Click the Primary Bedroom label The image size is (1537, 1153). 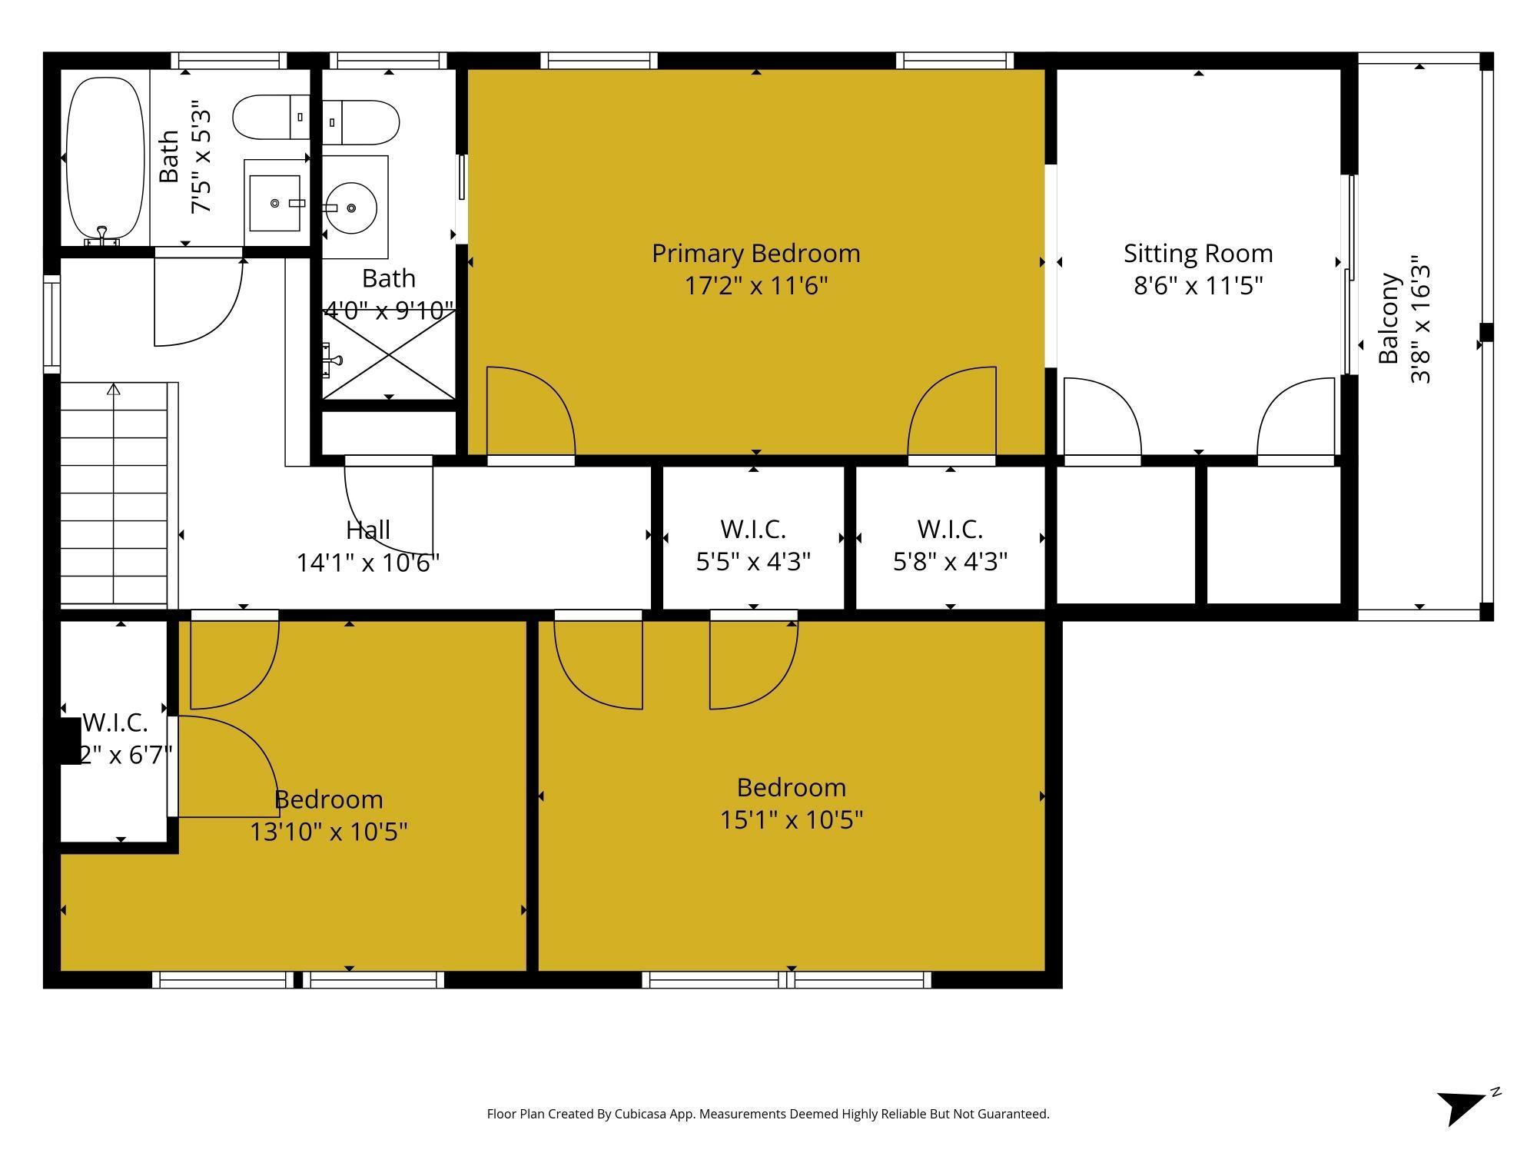tap(755, 253)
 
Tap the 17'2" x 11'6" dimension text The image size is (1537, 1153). tap(755, 286)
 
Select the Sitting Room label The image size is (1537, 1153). tap(1197, 253)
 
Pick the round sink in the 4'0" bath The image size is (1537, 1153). tap(350, 208)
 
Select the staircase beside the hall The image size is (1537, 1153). tap(114, 495)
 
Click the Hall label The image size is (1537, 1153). tap(367, 530)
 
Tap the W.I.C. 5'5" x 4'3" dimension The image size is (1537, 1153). tap(752, 562)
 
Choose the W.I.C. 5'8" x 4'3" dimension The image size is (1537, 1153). tap(949, 562)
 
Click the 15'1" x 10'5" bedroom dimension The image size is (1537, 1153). tap(791, 820)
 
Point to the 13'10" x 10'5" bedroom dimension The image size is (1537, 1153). tap(328, 832)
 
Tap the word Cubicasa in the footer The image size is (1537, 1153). tap(639, 1114)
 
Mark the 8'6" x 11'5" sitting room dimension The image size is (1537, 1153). tap(1197, 286)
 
